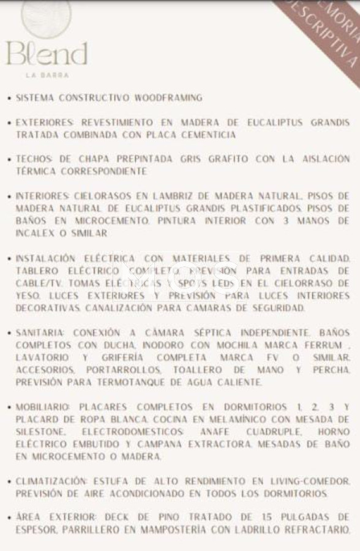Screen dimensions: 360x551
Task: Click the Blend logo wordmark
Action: coord(47,54)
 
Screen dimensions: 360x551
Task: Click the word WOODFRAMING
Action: coord(168,98)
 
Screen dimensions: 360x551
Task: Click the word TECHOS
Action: coord(36,159)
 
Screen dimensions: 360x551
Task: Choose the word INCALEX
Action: coord(36,233)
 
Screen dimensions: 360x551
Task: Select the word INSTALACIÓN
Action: coord(48,258)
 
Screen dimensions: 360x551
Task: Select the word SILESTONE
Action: coord(40,432)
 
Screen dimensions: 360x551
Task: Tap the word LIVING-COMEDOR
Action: coord(310,481)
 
